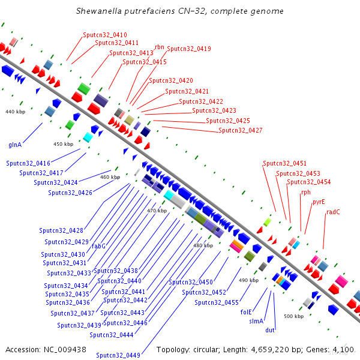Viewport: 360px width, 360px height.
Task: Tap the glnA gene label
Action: pyautogui.click(x=15, y=145)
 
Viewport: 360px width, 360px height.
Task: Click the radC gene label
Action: pyautogui.click(x=333, y=212)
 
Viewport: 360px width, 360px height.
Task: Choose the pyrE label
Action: pyautogui.click(x=319, y=202)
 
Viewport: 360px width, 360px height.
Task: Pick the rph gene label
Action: pyautogui.click(x=306, y=193)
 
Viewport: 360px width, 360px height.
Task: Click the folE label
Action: pyautogui.click(x=246, y=312)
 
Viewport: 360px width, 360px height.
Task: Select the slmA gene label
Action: pyautogui.click(x=256, y=321)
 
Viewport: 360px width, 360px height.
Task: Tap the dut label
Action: pyautogui.click(x=270, y=330)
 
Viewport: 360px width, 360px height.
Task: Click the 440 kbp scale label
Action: pyautogui.click(x=15, y=112)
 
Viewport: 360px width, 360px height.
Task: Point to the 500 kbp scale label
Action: pyautogui.click(x=293, y=316)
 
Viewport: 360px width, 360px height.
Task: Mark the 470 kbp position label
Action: pyautogui.click(x=157, y=211)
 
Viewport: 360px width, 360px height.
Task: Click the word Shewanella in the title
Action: pyautogui.click(x=98, y=11)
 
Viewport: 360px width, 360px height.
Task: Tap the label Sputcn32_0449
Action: pyautogui.click(x=118, y=355)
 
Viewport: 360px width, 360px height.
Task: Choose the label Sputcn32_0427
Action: pyautogui.click(x=240, y=130)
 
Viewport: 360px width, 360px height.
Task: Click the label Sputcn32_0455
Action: pyautogui.click(x=217, y=302)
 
